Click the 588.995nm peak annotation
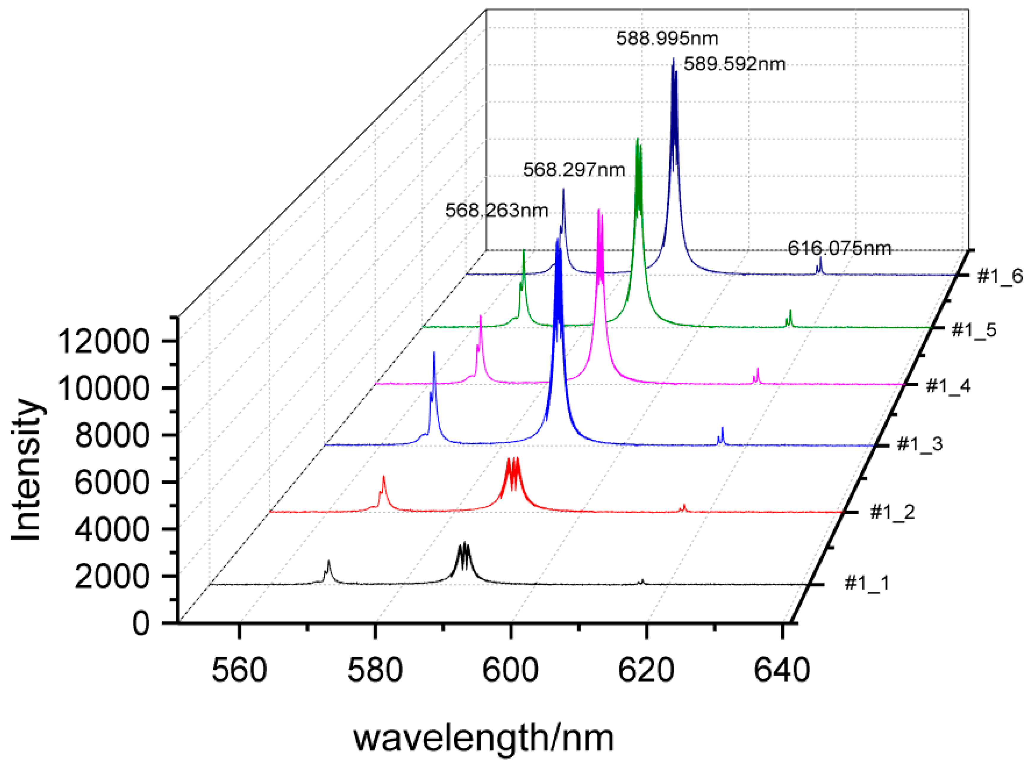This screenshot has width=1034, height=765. [667, 38]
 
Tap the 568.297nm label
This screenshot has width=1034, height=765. [574, 170]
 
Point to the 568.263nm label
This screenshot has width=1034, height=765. [497, 211]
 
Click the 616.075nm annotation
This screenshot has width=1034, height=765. [839, 249]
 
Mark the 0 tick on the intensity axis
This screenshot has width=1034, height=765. [141, 624]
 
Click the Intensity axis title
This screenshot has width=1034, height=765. [26, 470]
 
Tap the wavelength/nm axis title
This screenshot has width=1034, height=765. [484, 738]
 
